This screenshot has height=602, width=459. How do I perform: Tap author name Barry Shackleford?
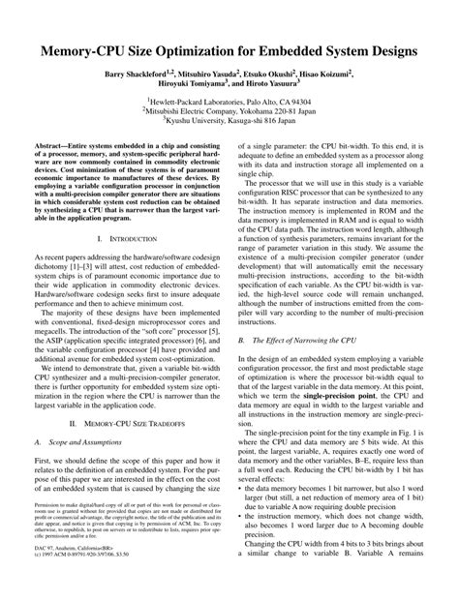click(135, 74)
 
